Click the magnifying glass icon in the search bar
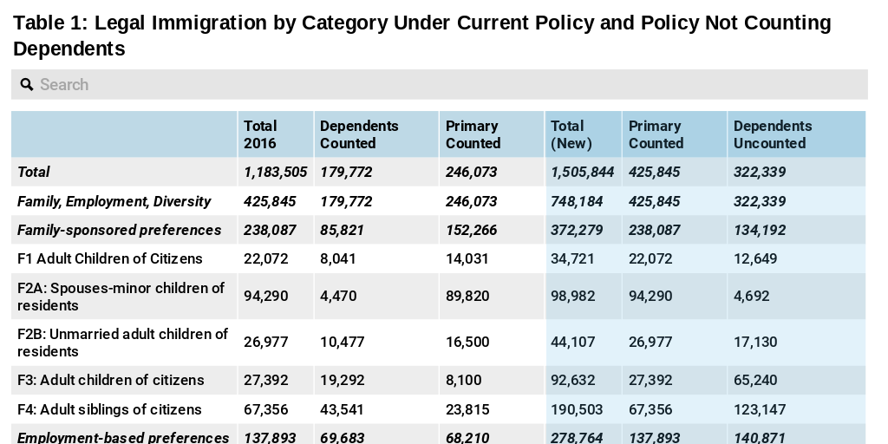click(26, 84)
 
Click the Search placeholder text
click(64, 84)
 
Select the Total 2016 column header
click(260, 134)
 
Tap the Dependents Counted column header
click(359, 134)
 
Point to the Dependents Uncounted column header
click(773, 134)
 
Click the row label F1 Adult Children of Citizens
click(110, 258)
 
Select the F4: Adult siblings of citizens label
click(109, 409)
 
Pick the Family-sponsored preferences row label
click(120, 230)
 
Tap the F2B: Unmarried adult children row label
click(122, 343)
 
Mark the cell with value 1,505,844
click(582, 172)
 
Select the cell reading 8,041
click(338, 258)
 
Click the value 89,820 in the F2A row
click(467, 296)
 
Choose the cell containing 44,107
click(572, 342)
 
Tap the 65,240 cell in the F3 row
click(755, 380)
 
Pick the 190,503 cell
click(576, 409)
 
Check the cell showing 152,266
click(471, 230)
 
